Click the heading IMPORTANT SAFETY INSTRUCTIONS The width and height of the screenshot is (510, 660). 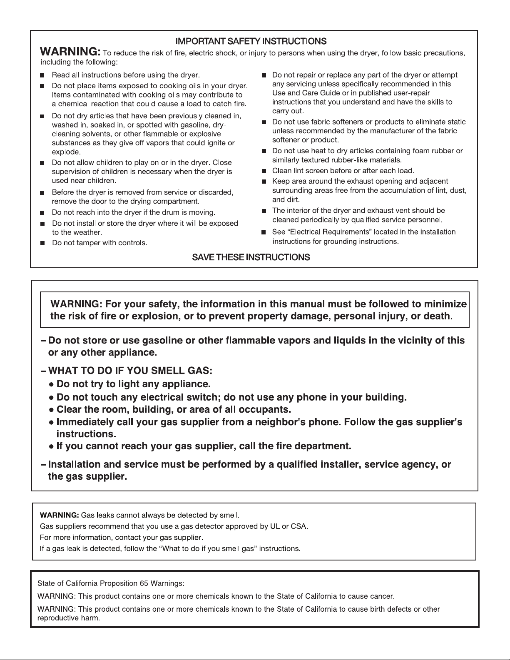click(x=251, y=41)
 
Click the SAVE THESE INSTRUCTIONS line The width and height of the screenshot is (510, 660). click(x=251, y=257)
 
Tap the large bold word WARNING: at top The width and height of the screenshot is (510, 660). click(x=70, y=53)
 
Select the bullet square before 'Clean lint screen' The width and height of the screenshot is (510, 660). click(x=264, y=171)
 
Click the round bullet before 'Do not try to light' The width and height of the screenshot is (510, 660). click(x=51, y=384)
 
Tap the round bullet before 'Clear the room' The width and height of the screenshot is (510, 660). click(x=51, y=409)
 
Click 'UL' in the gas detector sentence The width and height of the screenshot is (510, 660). click(x=274, y=526)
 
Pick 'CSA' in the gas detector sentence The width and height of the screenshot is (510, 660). click(x=299, y=526)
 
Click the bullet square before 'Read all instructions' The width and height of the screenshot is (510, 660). click(x=42, y=76)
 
